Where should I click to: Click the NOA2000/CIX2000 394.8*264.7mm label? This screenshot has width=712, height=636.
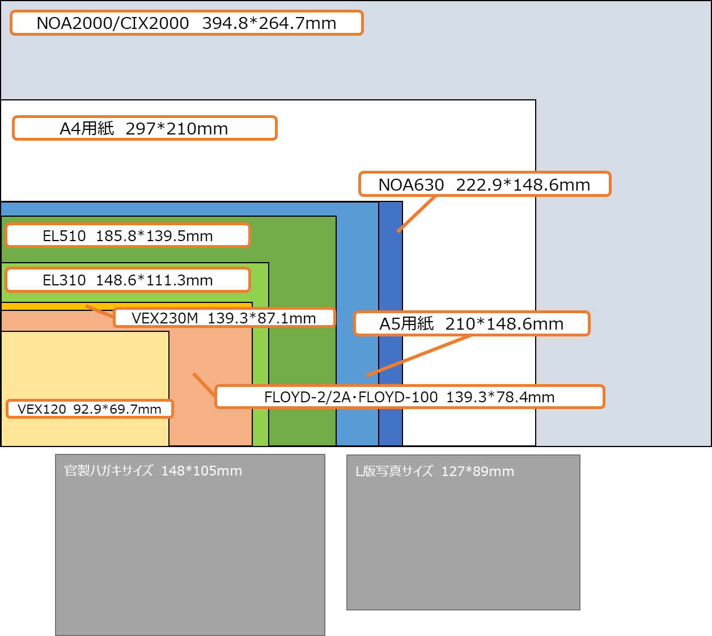[187, 23]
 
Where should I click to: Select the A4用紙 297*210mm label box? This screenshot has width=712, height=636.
[145, 128]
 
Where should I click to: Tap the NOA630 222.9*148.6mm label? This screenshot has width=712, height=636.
[485, 184]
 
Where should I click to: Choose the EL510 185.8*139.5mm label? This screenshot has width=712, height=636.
[128, 235]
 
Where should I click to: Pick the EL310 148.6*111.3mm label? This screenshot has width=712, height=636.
[128, 280]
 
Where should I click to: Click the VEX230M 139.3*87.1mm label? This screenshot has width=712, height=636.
[224, 318]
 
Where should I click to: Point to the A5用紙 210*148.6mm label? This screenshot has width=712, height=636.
[472, 323]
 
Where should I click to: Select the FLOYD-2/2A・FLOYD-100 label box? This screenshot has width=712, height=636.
[409, 397]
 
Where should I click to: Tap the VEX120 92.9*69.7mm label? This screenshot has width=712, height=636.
[90, 409]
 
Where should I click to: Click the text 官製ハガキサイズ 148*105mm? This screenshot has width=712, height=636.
[153, 471]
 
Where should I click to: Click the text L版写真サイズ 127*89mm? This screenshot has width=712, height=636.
[435, 471]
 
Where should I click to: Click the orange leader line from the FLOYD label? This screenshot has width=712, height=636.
[204, 385]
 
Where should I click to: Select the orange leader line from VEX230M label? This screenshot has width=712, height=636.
[100, 311]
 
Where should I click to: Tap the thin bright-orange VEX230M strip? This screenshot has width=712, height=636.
[45, 306]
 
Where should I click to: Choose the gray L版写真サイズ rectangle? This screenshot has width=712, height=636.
[463, 545]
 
